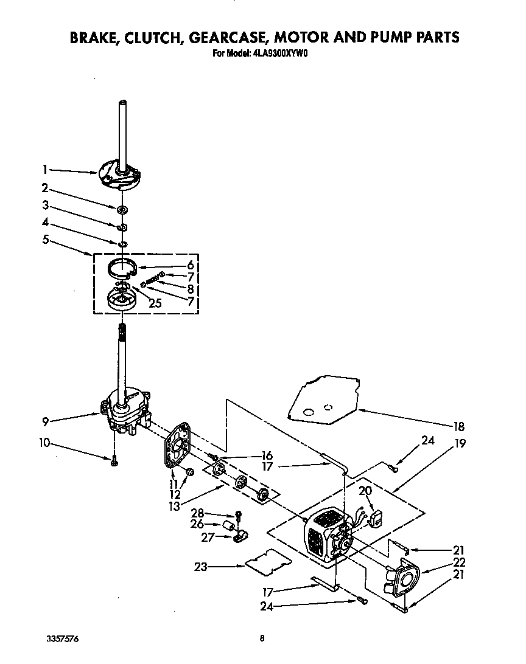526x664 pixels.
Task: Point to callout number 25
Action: pyautogui.click(x=155, y=303)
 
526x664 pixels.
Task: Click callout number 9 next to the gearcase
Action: pyautogui.click(x=45, y=420)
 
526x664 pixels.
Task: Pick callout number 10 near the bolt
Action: pyautogui.click(x=44, y=442)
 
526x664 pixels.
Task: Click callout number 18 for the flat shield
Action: pyautogui.click(x=458, y=426)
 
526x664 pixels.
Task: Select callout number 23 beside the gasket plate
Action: pyautogui.click(x=201, y=567)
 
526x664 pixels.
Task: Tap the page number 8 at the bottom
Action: pyautogui.click(x=262, y=638)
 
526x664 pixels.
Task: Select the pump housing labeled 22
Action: pyautogui.click(x=402, y=581)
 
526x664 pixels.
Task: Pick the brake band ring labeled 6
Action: pyautogui.click(x=124, y=266)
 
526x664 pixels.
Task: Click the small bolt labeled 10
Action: pyautogui.click(x=114, y=463)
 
